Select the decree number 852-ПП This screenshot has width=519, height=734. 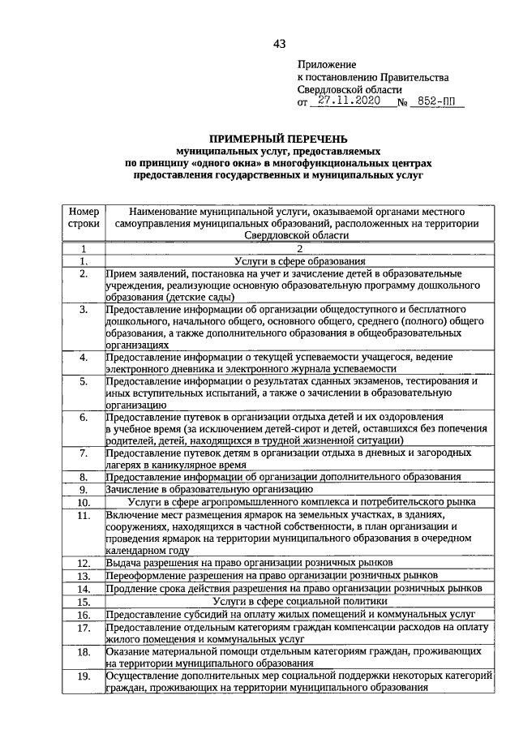pos(434,103)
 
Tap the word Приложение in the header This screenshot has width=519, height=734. pos(326,63)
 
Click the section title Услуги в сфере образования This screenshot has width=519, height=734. pos(299,261)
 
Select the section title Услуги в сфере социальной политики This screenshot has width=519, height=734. pos(299,602)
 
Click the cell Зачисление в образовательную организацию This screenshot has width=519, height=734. pos(209,489)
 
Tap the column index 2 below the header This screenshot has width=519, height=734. pos(299,248)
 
